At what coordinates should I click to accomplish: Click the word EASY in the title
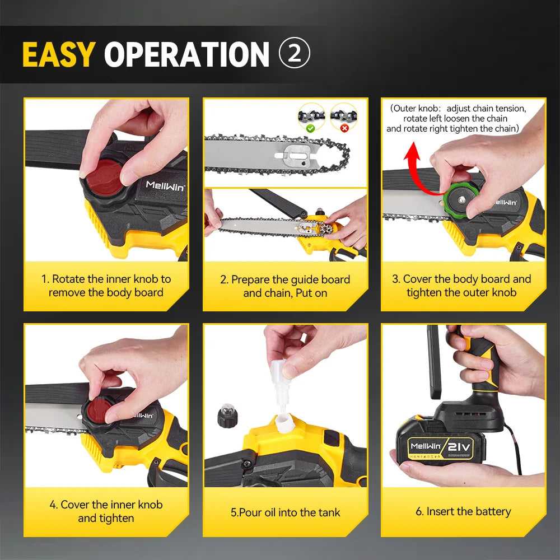58,54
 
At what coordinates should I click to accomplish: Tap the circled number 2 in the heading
294,54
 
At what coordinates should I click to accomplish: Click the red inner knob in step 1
101,174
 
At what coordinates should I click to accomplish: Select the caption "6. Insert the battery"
463,511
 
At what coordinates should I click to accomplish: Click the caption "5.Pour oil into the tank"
285,512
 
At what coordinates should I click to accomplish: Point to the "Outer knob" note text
458,118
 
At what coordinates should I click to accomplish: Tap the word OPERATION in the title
187,54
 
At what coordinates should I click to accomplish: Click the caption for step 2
285,286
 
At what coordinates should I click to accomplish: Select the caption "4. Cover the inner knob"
106,511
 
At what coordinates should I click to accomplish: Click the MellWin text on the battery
426,447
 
